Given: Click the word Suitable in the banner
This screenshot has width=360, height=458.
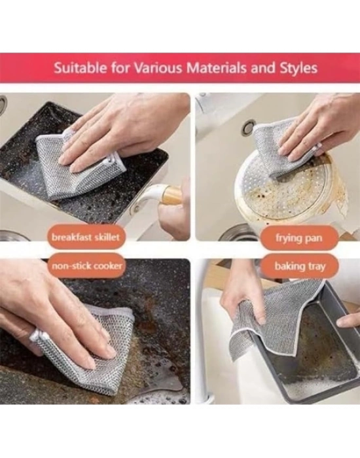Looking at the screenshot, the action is click(x=80, y=68).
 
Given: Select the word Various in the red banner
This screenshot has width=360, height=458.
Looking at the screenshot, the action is click(x=158, y=68).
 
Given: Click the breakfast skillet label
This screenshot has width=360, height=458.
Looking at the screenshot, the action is click(x=86, y=236).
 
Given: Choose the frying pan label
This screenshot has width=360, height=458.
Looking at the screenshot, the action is click(x=299, y=238).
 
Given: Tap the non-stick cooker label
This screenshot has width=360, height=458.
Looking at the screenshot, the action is click(x=86, y=266).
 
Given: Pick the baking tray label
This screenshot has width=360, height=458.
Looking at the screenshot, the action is click(x=300, y=266).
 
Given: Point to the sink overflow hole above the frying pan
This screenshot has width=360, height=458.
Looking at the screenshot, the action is click(x=248, y=128).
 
